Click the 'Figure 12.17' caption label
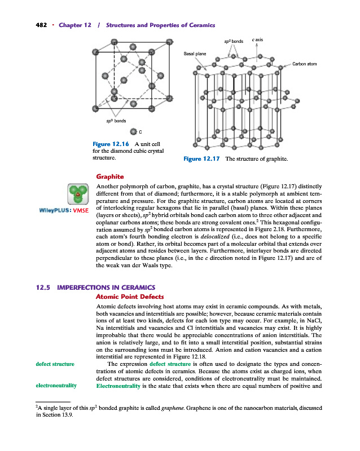click(x=202, y=160)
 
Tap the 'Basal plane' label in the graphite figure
click(x=195, y=54)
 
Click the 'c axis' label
click(x=258, y=40)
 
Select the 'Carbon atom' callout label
click(x=304, y=64)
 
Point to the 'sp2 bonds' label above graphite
click(x=232, y=41)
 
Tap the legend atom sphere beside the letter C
click(x=133, y=132)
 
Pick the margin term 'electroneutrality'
click(x=56, y=387)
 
